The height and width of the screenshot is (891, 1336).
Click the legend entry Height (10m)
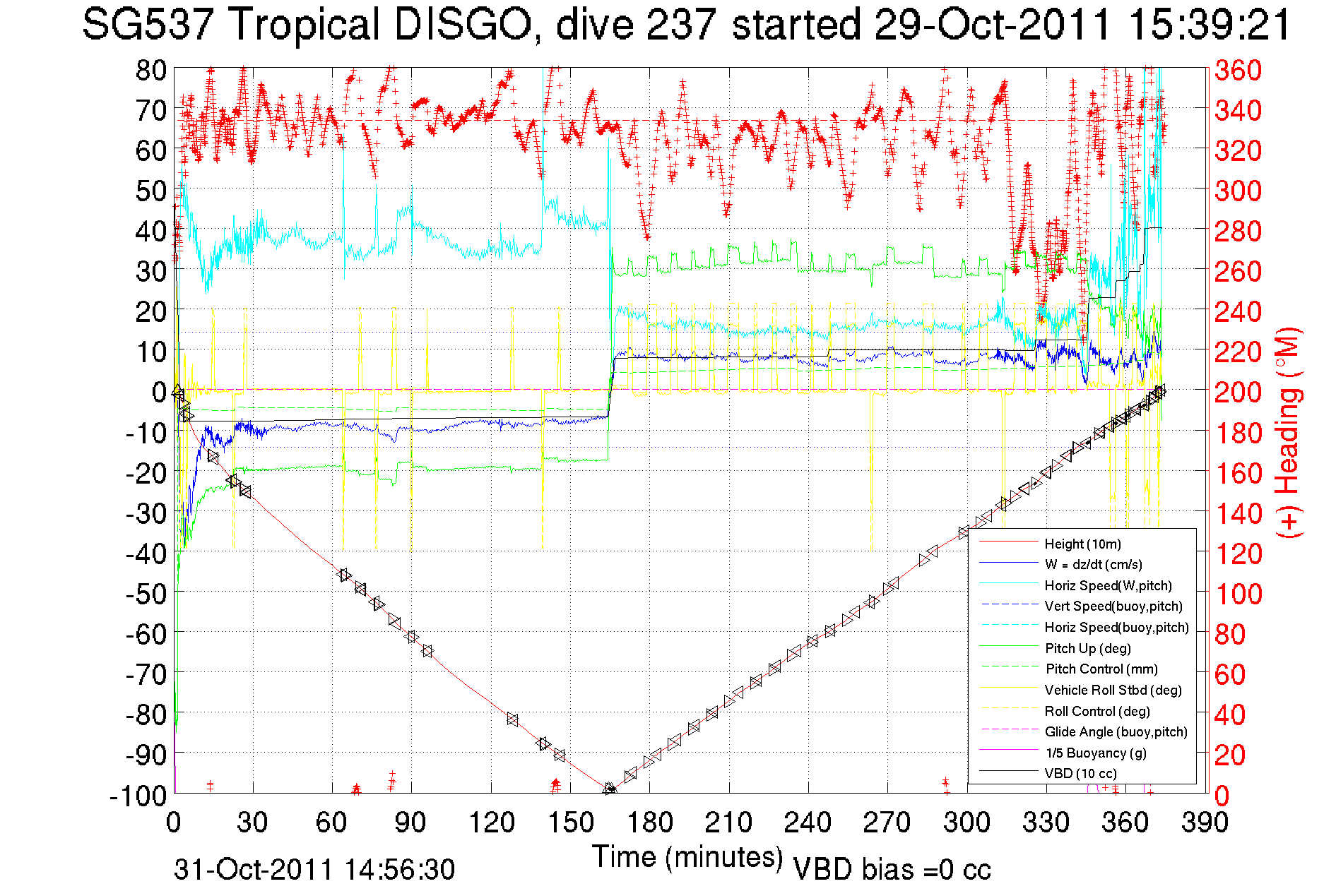click(1082, 544)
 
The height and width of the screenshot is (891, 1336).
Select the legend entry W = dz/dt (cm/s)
click(1093, 564)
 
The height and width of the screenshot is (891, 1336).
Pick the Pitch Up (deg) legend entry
click(1087, 648)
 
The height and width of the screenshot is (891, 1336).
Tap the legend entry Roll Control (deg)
click(1096, 711)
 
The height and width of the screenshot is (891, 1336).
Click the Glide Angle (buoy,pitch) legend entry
click(1116, 731)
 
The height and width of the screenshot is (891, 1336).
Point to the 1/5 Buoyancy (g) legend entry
click(1096, 753)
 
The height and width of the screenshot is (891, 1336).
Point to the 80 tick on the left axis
click(150, 70)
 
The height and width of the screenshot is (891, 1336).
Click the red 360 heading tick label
click(1238, 70)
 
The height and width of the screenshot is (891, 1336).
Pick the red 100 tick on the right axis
click(1238, 593)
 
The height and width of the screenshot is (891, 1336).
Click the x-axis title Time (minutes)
click(687, 857)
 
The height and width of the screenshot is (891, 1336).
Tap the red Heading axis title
click(1288, 432)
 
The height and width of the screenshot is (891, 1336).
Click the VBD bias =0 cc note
click(892, 870)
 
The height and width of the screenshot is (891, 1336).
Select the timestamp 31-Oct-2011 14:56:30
click(314, 870)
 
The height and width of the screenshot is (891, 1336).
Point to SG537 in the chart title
click(148, 25)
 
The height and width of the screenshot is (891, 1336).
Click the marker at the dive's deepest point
click(610, 789)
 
